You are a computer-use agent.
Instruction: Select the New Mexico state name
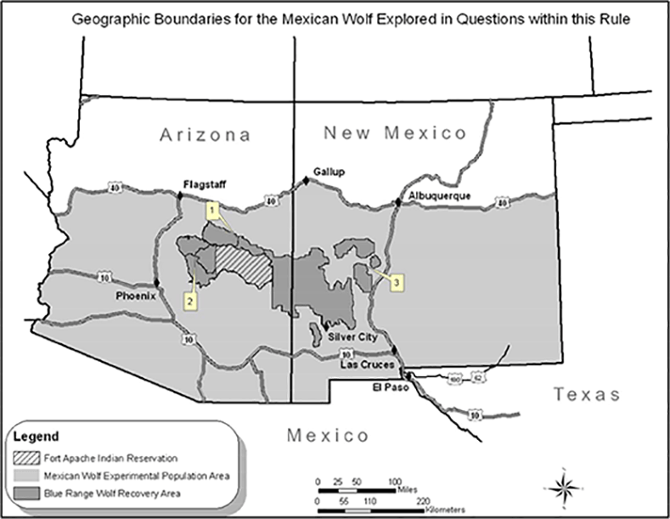[x=396, y=133]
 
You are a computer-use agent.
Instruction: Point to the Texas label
[x=587, y=395]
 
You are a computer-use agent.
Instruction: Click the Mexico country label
[x=328, y=436]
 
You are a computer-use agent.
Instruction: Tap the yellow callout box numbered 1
[x=213, y=207]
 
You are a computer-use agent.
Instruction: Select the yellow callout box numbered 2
[x=191, y=300]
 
